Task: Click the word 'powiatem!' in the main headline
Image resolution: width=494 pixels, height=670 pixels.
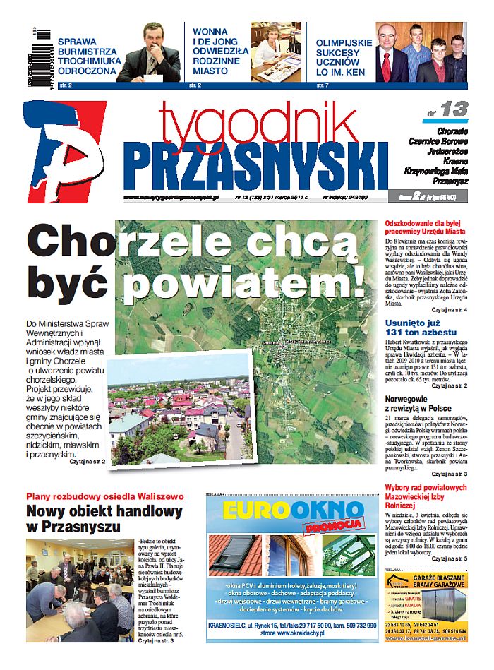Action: click(244, 282)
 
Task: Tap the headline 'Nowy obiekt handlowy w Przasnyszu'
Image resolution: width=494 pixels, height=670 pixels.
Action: click(104, 519)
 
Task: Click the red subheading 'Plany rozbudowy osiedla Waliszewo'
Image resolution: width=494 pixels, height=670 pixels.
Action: click(104, 496)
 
